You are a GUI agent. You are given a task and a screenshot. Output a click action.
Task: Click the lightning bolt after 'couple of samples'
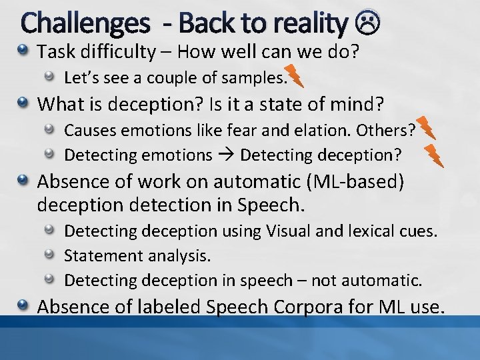(x=294, y=77)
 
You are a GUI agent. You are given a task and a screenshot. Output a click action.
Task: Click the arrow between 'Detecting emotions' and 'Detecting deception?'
(x=225, y=155)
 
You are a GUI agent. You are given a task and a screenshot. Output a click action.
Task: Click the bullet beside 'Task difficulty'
(x=24, y=51)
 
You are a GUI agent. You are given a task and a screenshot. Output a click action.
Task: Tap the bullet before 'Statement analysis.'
(x=50, y=256)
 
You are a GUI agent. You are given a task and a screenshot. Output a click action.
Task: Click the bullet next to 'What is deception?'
(x=24, y=104)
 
